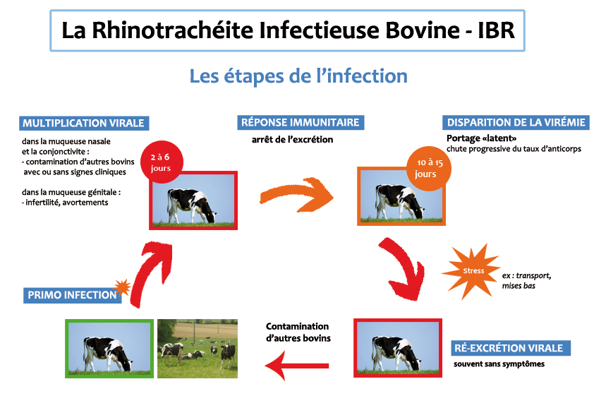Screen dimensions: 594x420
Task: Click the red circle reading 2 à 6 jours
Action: point(162,162)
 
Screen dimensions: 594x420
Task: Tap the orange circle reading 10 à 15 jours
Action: point(428,168)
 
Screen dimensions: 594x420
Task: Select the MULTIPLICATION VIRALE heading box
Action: point(84,124)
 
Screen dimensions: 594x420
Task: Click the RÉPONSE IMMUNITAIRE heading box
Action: point(301,122)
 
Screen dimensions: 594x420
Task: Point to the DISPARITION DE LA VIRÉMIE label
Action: point(516,122)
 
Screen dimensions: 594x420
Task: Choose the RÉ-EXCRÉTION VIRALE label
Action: point(510,348)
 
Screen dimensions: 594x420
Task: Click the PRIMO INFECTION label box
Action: point(73,295)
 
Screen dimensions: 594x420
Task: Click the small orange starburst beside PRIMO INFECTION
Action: point(122,288)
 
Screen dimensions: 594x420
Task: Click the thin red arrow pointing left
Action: point(298,366)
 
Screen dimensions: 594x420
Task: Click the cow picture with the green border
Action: point(109,349)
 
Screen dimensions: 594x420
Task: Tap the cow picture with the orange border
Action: point(401,196)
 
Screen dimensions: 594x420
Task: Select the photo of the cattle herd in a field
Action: point(198,349)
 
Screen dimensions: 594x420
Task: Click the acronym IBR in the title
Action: point(496,30)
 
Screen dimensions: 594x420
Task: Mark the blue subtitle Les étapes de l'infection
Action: point(298,76)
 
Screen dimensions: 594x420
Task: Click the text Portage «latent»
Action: point(481,138)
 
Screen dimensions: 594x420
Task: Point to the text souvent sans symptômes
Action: point(499,364)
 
